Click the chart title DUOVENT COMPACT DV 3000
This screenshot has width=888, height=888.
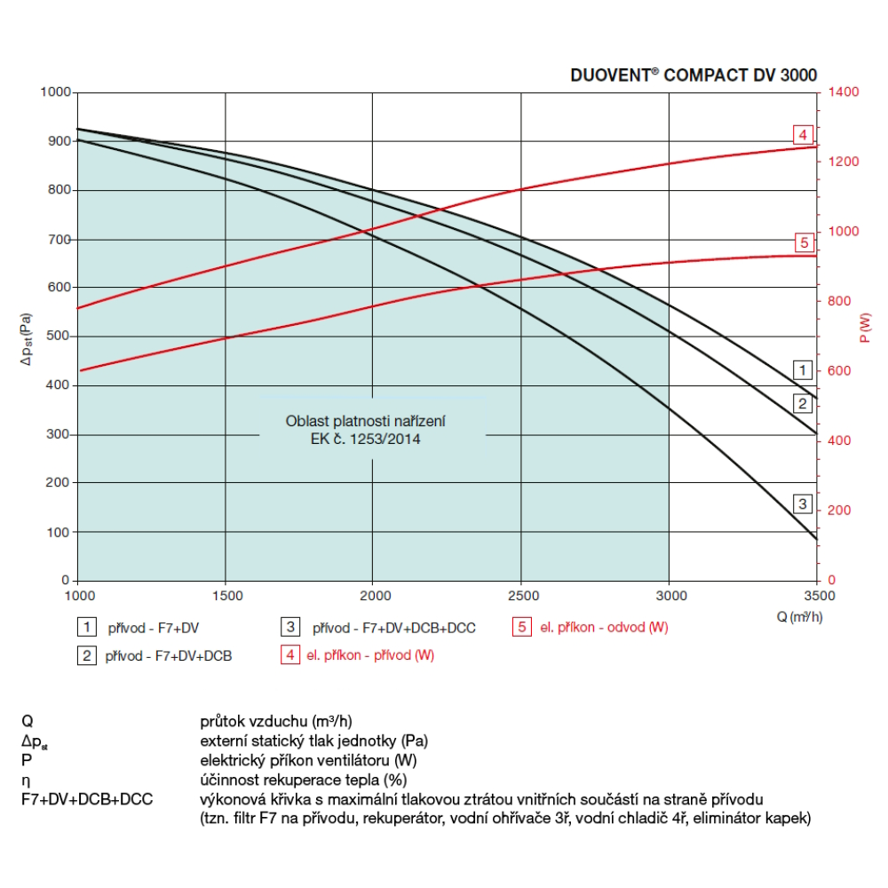[693, 75]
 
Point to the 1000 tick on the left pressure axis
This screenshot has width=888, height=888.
[54, 92]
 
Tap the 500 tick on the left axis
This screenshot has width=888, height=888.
[58, 337]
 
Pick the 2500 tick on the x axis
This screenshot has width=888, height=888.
[522, 594]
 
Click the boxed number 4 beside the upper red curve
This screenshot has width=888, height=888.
[803, 135]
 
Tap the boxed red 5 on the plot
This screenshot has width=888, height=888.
[803, 242]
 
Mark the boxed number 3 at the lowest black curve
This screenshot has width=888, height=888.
[803, 504]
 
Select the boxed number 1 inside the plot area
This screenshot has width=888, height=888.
[802, 369]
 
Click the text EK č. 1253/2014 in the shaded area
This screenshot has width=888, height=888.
[372, 439]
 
